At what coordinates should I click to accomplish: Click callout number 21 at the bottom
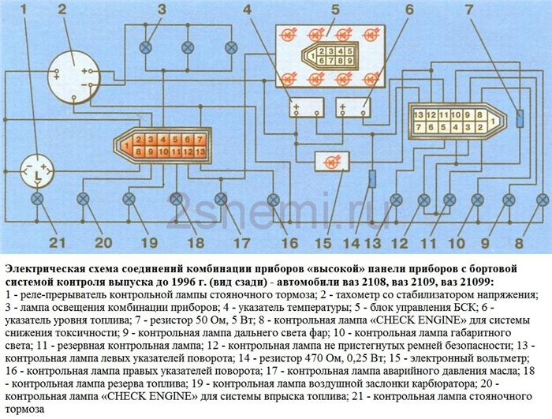(x=58, y=242)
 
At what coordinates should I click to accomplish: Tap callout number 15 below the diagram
(x=323, y=243)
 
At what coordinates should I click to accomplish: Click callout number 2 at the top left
(x=62, y=9)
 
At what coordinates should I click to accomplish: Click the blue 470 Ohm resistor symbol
(x=372, y=178)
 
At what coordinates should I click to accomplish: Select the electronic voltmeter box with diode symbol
(x=332, y=162)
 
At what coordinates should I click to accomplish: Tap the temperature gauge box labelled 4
(x=307, y=107)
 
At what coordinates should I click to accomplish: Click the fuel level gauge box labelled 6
(x=353, y=107)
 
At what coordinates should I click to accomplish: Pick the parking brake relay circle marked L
(x=36, y=171)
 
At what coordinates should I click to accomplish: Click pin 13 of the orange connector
(x=200, y=152)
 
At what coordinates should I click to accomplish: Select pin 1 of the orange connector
(x=126, y=145)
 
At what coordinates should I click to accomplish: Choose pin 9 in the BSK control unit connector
(x=349, y=60)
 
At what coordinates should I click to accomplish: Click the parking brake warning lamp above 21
(x=37, y=199)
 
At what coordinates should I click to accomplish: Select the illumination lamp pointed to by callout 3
(x=145, y=47)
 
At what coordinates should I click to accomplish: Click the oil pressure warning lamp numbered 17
(x=221, y=199)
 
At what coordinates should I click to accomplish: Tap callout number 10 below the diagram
(x=457, y=243)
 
